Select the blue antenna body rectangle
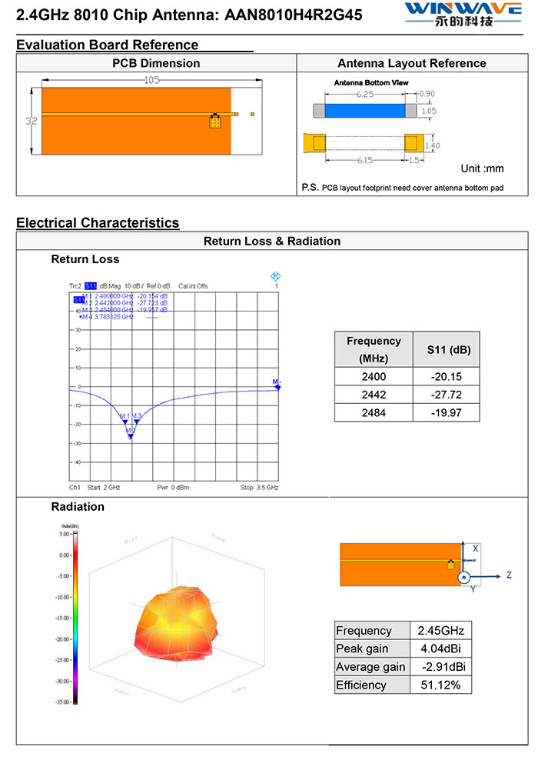pyautogui.click(x=365, y=111)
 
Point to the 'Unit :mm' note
pyautogui.click(x=482, y=168)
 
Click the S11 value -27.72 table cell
pyautogui.click(x=446, y=394)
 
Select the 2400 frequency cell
pyautogui.click(x=374, y=376)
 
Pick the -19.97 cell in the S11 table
pyautogui.click(x=446, y=412)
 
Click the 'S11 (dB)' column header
pyautogui.click(x=446, y=350)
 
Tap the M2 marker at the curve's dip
pyautogui.click(x=131, y=435)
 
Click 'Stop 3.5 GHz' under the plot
pyautogui.click(x=259, y=488)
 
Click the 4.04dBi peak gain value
pyautogui.click(x=440, y=649)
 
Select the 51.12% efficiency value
pyautogui.click(x=440, y=685)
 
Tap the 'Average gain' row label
pyautogui.click(x=370, y=667)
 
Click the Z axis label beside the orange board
pyautogui.click(x=508, y=575)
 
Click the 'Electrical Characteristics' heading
pyautogui.click(x=98, y=223)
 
